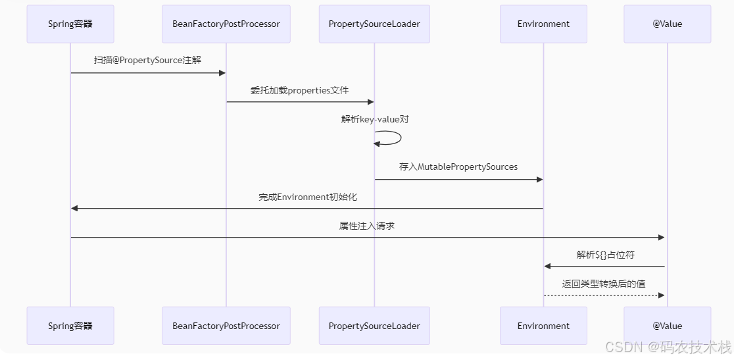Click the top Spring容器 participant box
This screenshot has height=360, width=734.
click(70, 24)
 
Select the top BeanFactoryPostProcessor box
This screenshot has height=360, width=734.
click(226, 24)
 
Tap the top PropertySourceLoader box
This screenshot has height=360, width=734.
click(374, 24)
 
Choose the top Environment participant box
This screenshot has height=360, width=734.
click(543, 24)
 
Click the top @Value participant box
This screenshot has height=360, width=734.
click(667, 24)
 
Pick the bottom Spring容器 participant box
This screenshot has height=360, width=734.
click(70, 326)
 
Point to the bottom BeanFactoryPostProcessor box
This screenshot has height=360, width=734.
click(226, 326)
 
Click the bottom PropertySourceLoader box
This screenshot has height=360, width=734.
click(374, 326)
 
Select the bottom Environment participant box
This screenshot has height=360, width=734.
click(543, 326)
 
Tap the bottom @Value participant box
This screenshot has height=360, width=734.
click(667, 326)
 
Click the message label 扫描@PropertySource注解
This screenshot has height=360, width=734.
click(147, 60)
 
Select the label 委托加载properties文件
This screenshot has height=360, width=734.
click(299, 90)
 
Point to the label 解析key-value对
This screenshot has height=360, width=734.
click(375, 119)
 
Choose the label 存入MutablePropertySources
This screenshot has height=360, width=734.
click(458, 167)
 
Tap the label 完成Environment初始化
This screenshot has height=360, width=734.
click(307, 197)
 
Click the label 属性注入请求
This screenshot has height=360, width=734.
click(367, 226)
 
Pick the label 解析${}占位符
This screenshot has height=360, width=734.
click(605, 255)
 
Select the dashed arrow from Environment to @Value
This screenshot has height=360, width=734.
click(604, 296)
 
